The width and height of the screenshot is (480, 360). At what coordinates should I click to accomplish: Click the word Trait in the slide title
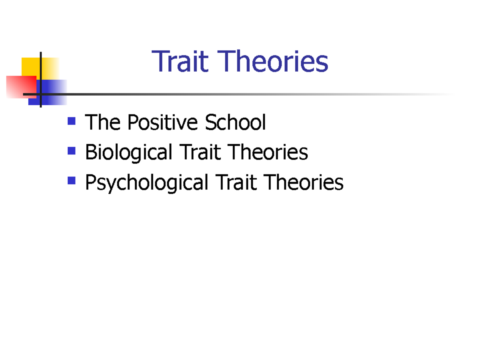(x=180, y=62)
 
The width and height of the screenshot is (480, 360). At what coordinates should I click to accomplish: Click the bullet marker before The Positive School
(x=72, y=120)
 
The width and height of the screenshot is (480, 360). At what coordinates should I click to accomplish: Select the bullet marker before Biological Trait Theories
(x=72, y=150)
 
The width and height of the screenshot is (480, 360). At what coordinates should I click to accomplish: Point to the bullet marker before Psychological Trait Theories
(x=72, y=181)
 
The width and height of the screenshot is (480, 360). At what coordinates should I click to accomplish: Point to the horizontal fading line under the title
(x=240, y=94)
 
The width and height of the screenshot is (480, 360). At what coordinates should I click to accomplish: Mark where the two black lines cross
(x=41, y=94)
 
